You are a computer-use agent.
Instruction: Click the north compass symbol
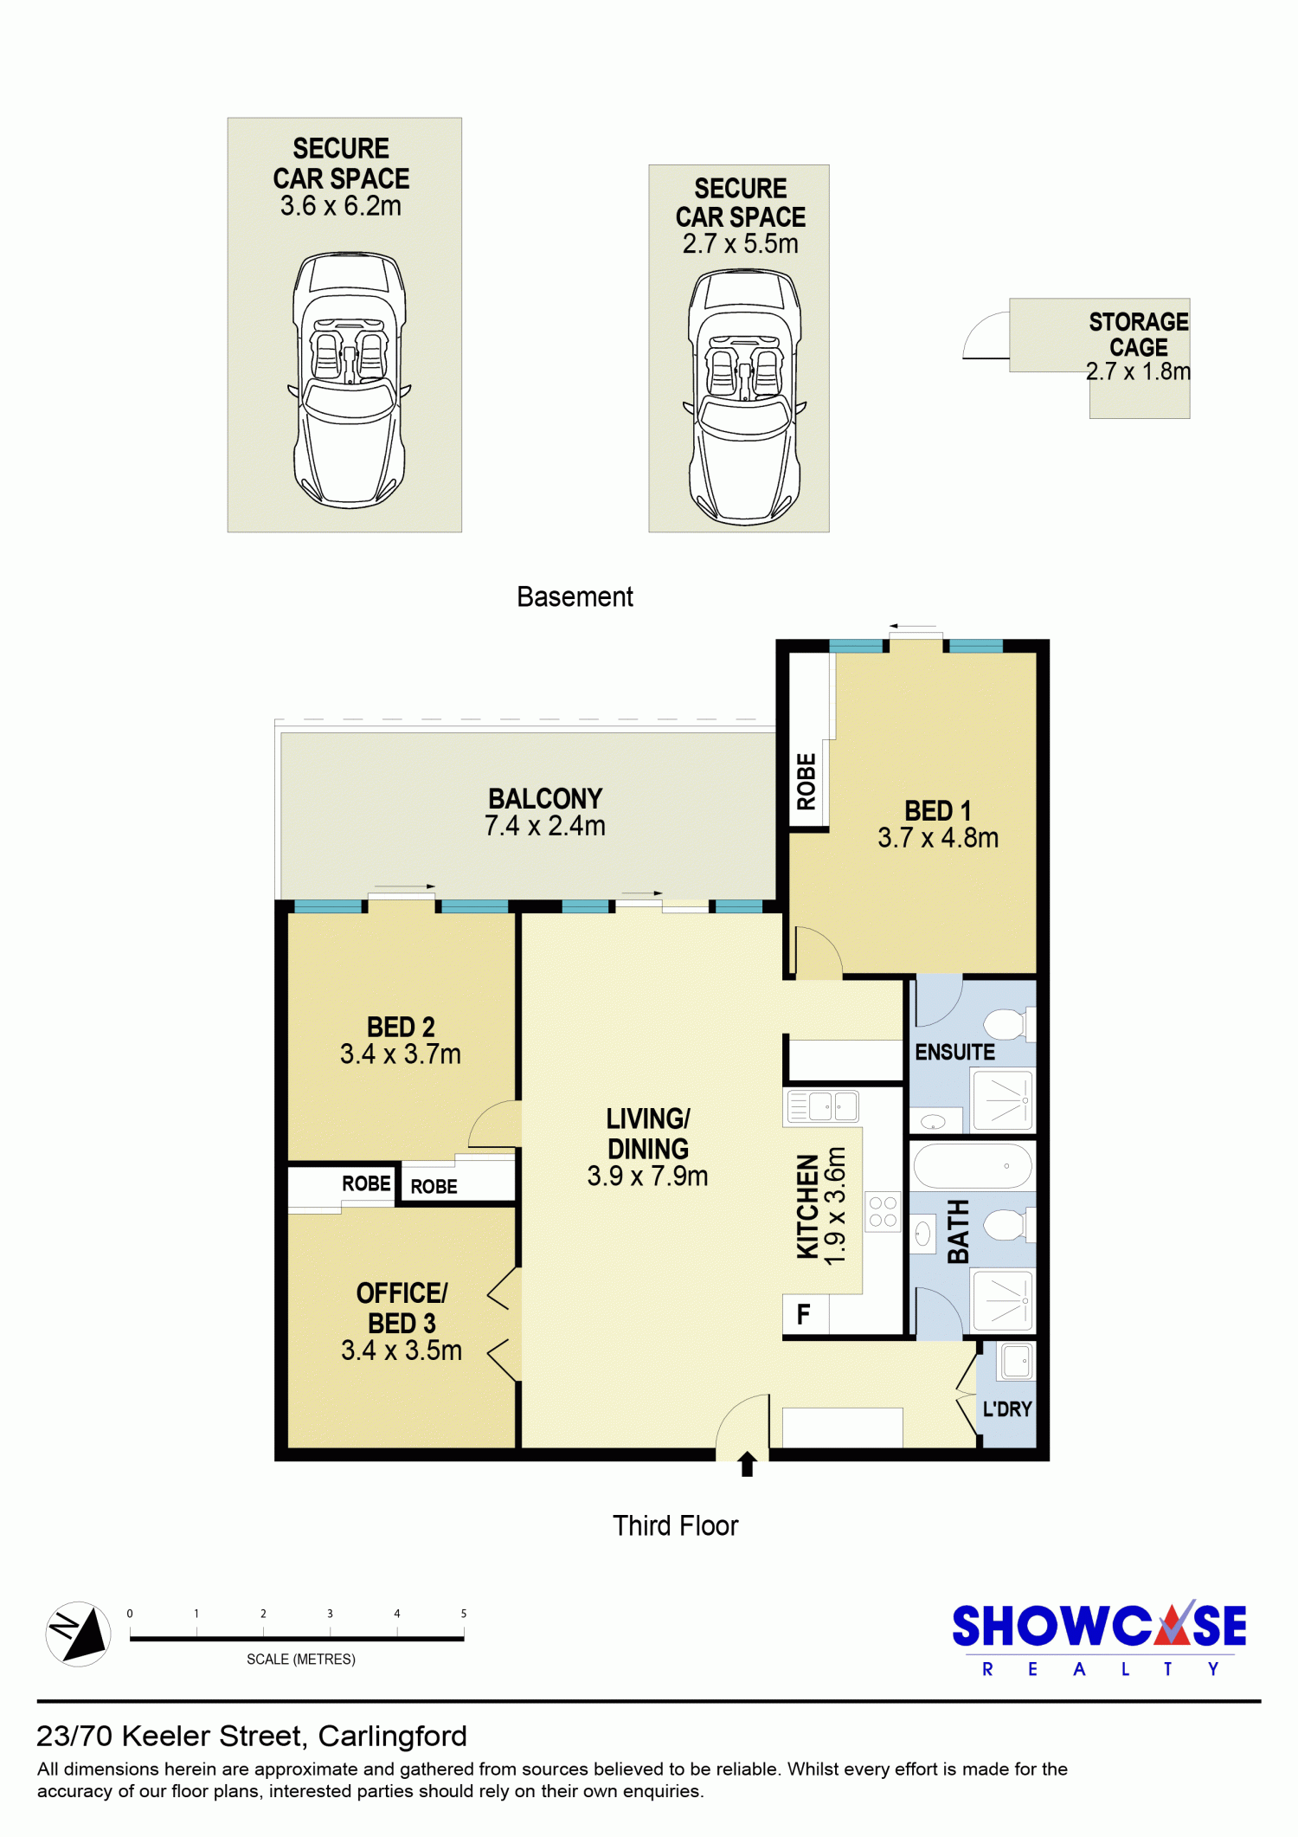78,1634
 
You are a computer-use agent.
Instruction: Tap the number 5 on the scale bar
464,1614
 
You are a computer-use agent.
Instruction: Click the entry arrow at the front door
748,1464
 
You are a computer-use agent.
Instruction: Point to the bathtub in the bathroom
973,1165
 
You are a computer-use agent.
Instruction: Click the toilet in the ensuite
1009,1024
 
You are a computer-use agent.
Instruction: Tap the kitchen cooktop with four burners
883,1211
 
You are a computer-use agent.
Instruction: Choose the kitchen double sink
822,1105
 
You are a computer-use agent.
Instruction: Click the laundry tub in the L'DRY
1016,1361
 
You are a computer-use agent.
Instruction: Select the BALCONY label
545,798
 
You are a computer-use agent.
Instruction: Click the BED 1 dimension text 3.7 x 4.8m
938,838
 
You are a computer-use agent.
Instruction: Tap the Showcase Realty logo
1099,1638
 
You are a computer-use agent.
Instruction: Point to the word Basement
575,596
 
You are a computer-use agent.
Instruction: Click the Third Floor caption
676,1525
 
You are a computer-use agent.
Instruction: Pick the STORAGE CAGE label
1139,334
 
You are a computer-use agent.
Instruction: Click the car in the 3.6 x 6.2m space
348,379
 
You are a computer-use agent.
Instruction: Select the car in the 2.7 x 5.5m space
744,396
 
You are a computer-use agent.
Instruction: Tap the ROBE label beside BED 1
806,782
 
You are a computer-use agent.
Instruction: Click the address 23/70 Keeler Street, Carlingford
252,1737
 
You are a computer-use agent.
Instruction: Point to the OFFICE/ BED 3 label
402,1308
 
